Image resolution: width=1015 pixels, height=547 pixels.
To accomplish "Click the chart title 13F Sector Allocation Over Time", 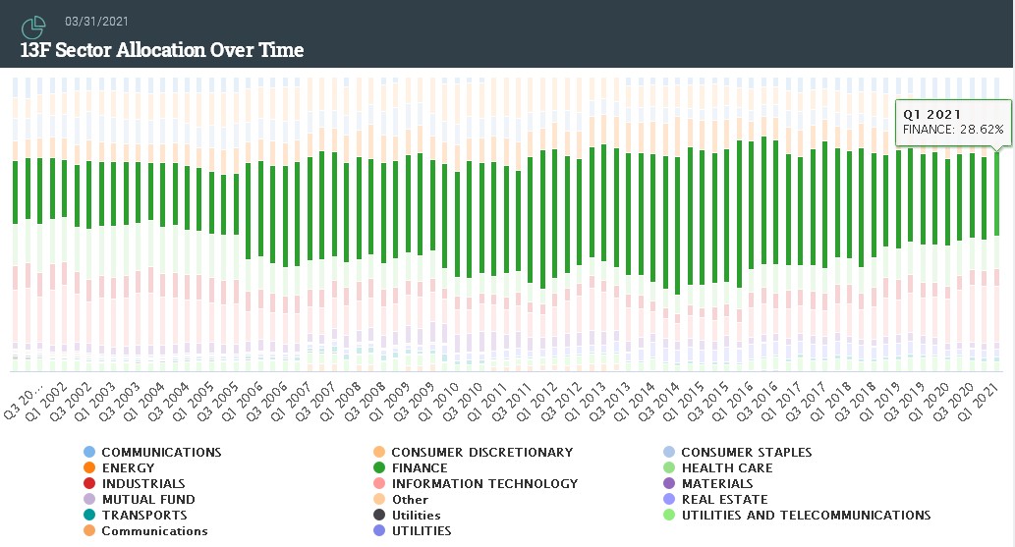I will pos(162,50).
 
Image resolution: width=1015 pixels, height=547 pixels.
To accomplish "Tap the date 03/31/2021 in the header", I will pos(96,21).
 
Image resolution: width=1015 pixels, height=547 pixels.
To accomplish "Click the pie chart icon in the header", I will pos(33,27).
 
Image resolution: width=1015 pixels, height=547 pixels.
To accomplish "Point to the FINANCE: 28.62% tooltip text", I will pos(953,130).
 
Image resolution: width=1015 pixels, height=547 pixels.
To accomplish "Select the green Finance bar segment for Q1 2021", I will pos(997,192).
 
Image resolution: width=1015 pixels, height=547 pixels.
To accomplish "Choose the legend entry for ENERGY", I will pos(128,468).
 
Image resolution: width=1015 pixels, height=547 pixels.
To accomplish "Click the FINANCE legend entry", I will pos(419,468).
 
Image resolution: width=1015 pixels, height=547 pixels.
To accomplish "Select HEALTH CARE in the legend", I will pos(726,468).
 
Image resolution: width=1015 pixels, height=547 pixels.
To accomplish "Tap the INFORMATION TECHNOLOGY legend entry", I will pos(483,484).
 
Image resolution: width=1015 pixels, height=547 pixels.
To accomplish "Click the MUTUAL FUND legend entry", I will pos(147,500).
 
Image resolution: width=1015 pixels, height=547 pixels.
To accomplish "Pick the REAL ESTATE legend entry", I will pos(724,500).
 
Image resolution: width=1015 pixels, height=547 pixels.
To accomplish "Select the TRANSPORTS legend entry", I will pos(143,516).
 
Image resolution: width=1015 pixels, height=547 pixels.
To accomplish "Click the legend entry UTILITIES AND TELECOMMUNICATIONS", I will pos(805,516).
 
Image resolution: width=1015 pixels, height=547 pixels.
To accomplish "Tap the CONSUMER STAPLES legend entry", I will pos(746,453).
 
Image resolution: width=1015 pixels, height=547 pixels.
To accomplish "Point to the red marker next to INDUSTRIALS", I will pos(89,484).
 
